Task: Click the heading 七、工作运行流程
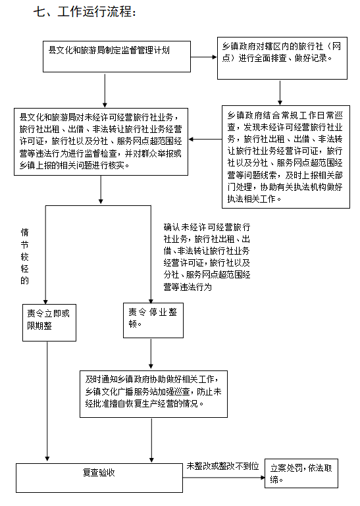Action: coord(85,12)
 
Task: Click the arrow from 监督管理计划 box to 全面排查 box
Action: coord(204,57)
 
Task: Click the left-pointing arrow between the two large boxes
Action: coord(205,139)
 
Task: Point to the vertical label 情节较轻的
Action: coord(25,256)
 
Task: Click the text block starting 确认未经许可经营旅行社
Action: coord(207,257)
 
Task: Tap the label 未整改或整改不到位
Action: coord(223,466)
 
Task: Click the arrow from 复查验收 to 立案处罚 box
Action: coord(224,478)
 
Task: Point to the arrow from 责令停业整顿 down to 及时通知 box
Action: coord(151,353)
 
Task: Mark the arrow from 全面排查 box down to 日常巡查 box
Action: coord(280,92)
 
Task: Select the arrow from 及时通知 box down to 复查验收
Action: coord(151,440)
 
